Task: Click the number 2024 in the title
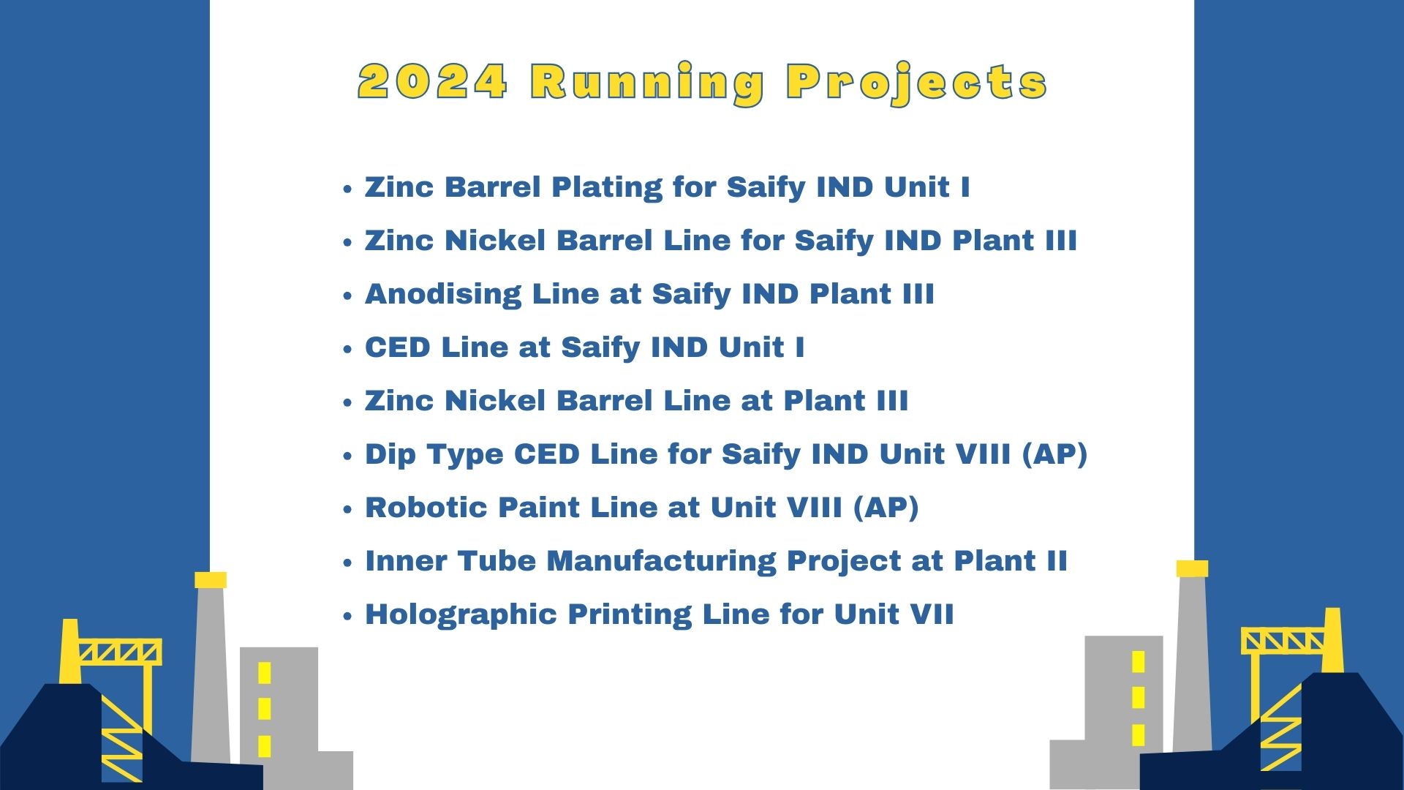coord(432,81)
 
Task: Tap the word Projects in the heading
coord(917,83)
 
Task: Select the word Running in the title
coord(648,83)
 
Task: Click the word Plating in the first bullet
coord(606,188)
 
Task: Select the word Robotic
coord(426,507)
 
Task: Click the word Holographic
coord(461,615)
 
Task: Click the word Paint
coord(539,507)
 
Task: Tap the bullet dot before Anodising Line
coord(348,296)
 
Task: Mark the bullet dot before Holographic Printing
coord(348,616)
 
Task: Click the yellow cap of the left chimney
coord(211,580)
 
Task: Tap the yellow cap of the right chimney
coord(1192,568)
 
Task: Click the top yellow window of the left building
coord(265,673)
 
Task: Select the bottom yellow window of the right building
coord(1138,734)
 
